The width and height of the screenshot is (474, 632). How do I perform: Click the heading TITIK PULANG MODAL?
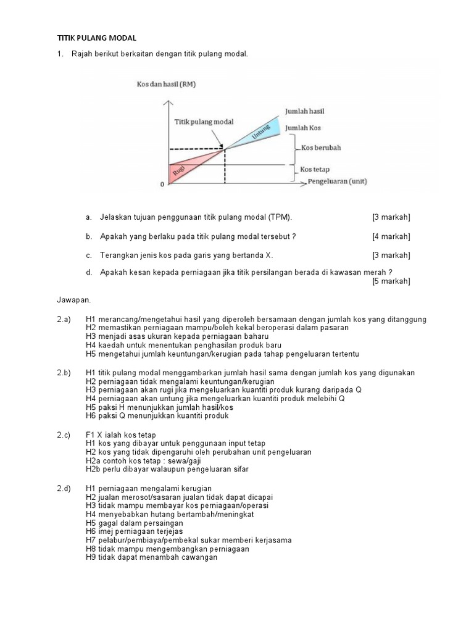(96, 38)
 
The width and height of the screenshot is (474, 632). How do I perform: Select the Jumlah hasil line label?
(305, 111)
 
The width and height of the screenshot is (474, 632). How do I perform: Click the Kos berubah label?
(322, 148)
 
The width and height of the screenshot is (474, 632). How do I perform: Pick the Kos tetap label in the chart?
(315, 168)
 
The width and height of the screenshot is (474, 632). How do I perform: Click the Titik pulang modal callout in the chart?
(203, 122)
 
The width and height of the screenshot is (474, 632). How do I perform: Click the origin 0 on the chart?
(162, 185)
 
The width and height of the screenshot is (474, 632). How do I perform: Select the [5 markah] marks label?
(391, 281)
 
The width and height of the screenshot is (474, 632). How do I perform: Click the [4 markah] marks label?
(391, 236)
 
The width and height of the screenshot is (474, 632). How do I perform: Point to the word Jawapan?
(73, 300)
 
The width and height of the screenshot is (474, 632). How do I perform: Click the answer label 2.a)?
(64, 319)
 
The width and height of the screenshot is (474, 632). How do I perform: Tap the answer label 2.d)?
(64, 488)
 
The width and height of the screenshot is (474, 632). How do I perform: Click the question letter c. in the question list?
(89, 255)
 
